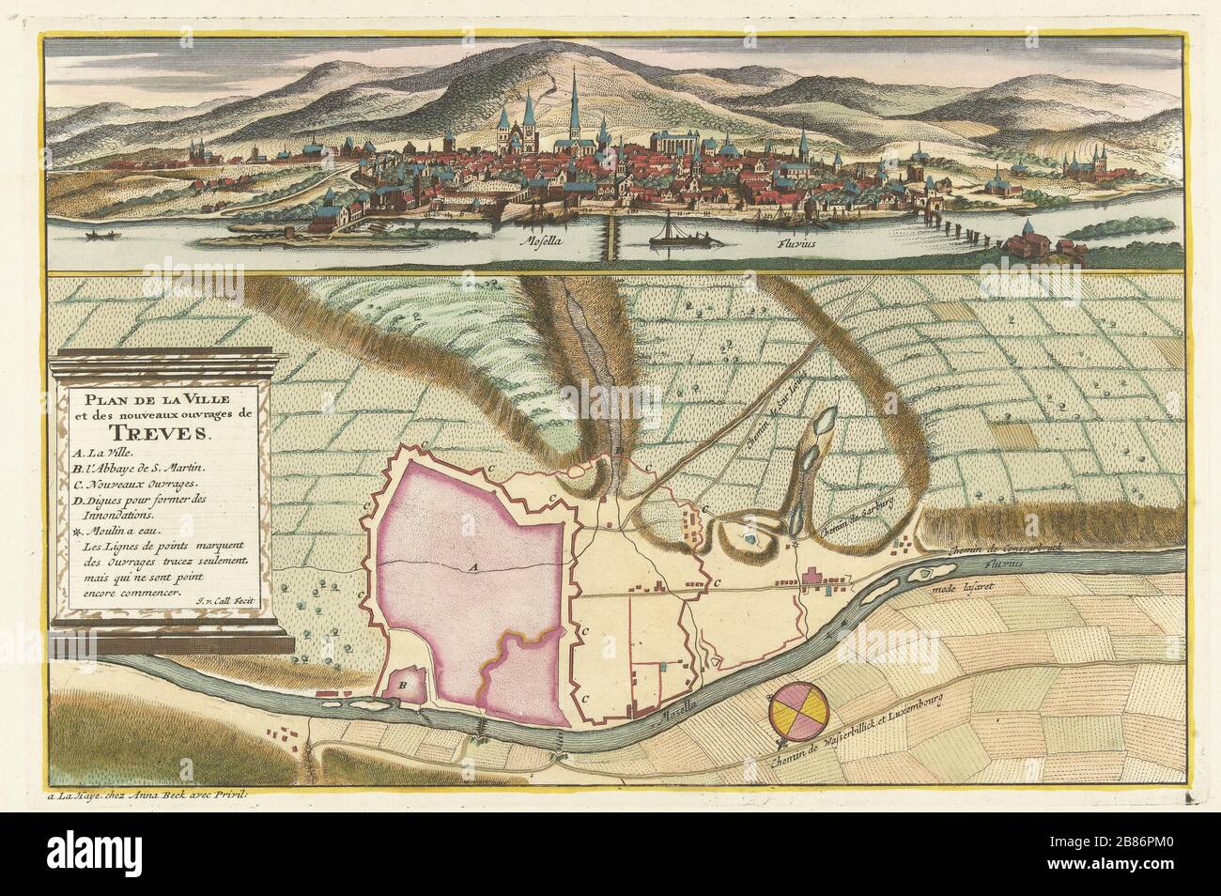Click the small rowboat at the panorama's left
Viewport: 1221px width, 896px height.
[x=97, y=232]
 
